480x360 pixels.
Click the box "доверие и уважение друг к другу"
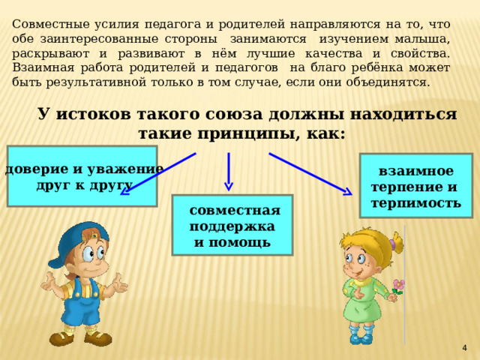[x=82, y=175]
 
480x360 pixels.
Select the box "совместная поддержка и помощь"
[x=232, y=225]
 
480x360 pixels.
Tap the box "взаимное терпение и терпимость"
[x=415, y=186]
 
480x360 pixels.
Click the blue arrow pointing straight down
[x=229, y=172]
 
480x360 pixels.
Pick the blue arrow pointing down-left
[x=157, y=174]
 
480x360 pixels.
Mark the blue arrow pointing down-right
[x=310, y=174]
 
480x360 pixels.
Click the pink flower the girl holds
[x=399, y=285]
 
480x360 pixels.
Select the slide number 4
[x=465, y=347]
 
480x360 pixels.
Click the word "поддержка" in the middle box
[x=232, y=226]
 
